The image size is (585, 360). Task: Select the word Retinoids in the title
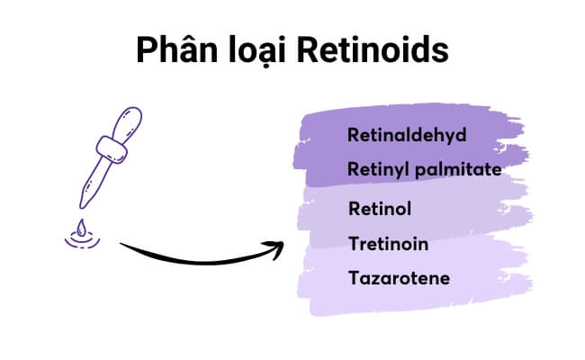pyautogui.click(x=373, y=49)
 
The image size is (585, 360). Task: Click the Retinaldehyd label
pyautogui.click(x=407, y=135)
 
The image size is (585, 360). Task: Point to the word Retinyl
pyautogui.click(x=378, y=169)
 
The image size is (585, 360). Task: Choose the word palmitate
pyautogui.click(x=458, y=170)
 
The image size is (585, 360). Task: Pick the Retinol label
pyautogui.click(x=380, y=208)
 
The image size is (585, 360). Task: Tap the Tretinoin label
pyautogui.click(x=389, y=244)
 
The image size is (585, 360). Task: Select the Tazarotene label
pyautogui.click(x=400, y=278)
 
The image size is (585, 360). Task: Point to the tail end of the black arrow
pyautogui.click(x=121, y=244)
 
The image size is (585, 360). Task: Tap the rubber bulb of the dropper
pyautogui.click(x=127, y=123)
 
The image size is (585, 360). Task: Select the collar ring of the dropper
pyautogui.click(x=112, y=149)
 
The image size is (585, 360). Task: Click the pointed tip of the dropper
pyautogui.click(x=81, y=207)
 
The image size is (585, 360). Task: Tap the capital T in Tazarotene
pyautogui.click(x=355, y=278)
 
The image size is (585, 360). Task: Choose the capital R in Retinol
pyautogui.click(x=355, y=208)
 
